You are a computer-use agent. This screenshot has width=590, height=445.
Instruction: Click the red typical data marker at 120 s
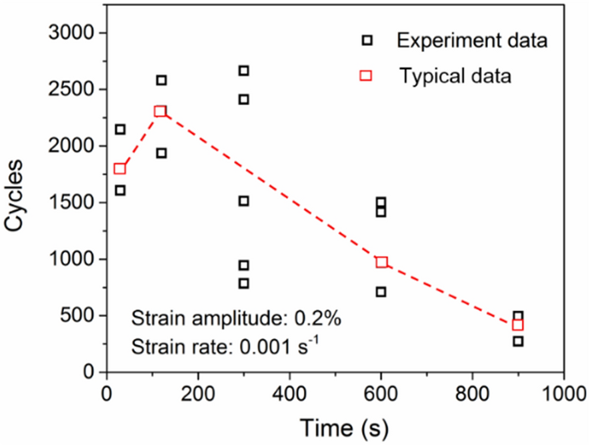pos(160,111)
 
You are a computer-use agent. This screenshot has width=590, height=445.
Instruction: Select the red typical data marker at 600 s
pos(382,262)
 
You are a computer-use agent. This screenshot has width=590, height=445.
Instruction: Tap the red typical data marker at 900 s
pos(518,325)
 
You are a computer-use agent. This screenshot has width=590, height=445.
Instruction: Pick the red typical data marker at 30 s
pos(120,169)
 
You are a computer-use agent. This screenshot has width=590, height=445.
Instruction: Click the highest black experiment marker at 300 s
pos(244,71)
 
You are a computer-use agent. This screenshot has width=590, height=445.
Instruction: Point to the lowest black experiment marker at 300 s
pos(244,283)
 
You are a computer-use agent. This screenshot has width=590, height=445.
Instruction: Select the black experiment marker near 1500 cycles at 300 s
pos(244,201)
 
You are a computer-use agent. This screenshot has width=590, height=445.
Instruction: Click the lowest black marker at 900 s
pos(518,341)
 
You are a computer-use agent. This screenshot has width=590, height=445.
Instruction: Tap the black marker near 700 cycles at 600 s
pos(381,292)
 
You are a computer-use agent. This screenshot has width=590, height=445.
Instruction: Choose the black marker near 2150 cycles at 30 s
pos(120,129)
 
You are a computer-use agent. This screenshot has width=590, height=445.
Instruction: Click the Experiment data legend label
pos(471,41)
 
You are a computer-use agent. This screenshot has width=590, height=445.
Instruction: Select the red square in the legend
pos(366,76)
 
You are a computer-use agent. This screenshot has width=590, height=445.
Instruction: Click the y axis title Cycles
pos(19,196)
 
